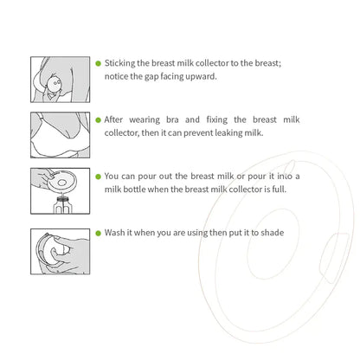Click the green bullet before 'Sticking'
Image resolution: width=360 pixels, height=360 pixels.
(98, 64)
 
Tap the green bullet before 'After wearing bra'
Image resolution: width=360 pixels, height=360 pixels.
(98, 119)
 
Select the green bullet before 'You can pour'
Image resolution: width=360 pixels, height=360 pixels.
(98, 176)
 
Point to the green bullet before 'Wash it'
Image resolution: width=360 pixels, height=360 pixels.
(98, 232)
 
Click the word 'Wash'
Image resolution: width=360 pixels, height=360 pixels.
(116, 232)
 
